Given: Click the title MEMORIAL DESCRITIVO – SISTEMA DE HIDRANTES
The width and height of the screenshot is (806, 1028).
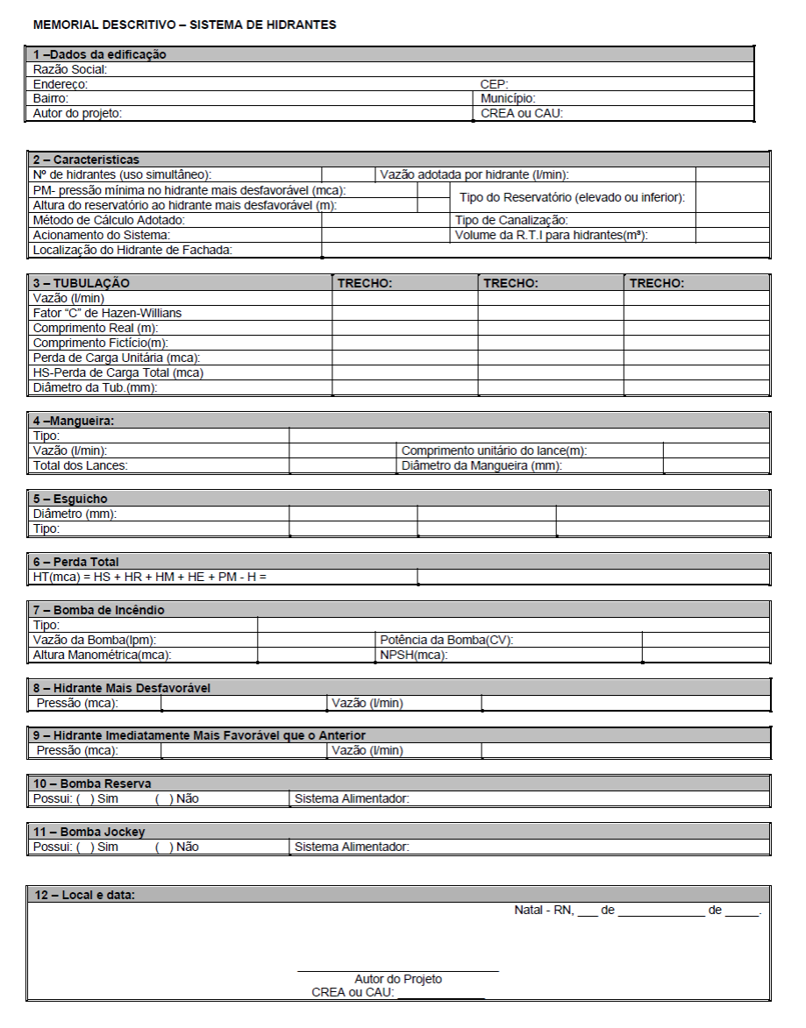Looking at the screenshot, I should [184, 25].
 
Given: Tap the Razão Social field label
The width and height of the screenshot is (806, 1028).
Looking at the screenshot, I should [70, 69].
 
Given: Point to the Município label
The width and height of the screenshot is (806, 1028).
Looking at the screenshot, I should [508, 99].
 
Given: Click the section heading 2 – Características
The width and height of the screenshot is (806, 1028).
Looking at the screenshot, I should [86, 160].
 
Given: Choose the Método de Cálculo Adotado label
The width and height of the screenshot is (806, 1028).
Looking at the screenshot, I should [109, 220].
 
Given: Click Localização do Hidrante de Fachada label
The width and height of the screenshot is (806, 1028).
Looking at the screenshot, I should [132, 250].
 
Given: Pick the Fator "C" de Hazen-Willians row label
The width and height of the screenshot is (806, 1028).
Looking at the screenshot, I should [107, 313].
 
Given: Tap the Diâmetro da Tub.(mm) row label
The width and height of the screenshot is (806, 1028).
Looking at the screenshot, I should [95, 387].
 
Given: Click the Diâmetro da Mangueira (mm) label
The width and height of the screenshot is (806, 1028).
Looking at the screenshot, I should [481, 465].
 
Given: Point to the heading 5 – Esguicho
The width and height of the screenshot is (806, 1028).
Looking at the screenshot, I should [70, 499].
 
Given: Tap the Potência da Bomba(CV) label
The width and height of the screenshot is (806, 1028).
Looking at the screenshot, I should [446, 640].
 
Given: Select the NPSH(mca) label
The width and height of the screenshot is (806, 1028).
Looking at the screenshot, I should [413, 655].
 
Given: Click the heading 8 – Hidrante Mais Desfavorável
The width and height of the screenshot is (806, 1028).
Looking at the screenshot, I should [122, 688].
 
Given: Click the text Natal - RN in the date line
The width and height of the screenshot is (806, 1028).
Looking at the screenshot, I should [543, 911].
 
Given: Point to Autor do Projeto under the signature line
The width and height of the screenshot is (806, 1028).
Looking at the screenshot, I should [398, 979].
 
